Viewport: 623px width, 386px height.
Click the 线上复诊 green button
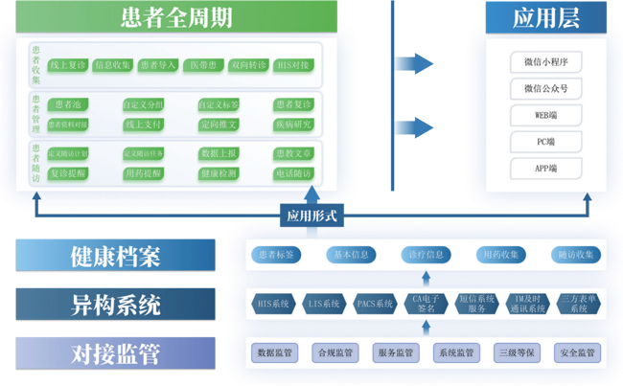click(x=68, y=65)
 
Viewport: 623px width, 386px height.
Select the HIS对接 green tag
click(x=292, y=65)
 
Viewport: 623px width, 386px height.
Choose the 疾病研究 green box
click(x=292, y=125)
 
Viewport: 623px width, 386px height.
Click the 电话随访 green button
click(x=292, y=173)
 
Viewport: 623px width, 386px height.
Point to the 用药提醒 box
click(x=143, y=173)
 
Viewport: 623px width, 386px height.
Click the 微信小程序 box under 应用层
click(x=545, y=62)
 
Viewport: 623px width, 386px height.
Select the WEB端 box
click(x=545, y=115)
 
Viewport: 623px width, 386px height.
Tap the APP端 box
click(x=545, y=168)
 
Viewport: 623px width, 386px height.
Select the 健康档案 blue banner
click(x=115, y=257)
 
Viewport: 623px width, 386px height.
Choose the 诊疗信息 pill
click(x=427, y=255)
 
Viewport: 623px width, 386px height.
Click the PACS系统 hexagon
click(x=375, y=304)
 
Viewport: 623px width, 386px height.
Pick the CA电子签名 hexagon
click(x=427, y=304)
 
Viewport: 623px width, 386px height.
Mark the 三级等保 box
click(x=515, y=352)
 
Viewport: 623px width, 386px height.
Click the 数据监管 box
click(x=274, y=352)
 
